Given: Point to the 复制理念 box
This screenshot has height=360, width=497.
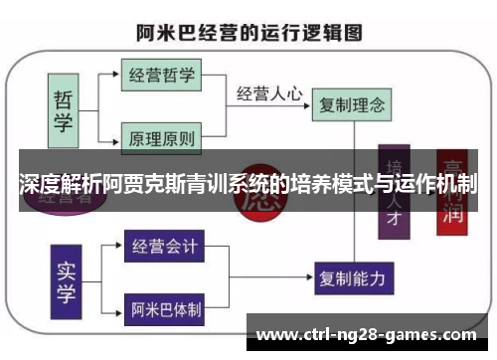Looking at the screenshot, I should pos(349,102).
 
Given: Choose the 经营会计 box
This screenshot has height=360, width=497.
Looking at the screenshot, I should pos(164,245).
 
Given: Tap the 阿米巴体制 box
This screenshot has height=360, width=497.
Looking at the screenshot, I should pos(164,308).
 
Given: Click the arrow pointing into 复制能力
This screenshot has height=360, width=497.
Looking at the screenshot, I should pos(303,275).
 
